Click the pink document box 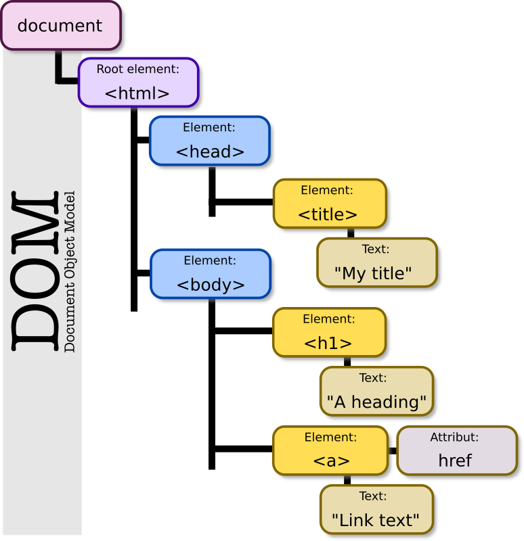click(60, 26)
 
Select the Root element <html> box click(138, 83)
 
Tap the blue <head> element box click(210, 141)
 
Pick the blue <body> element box click(211, 274)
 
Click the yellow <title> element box click(330, 203)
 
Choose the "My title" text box click(376, 262)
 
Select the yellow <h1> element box click(330, 332)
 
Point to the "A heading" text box click(376, 391)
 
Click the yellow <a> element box click(330, 450)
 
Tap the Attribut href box click(456, 450)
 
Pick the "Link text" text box click(376, 509)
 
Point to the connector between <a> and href click(393, 450)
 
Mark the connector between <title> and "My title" click(351, 233)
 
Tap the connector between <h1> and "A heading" click(347, 362)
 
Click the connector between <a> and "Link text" click(347, 479)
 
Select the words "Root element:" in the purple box click(138, 69)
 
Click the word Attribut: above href click(454, 438)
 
